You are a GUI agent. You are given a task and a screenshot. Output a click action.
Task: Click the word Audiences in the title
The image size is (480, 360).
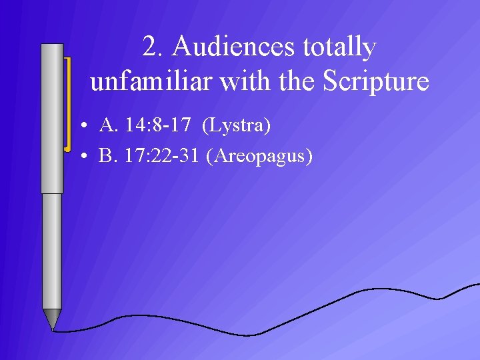click(x=233, y=47)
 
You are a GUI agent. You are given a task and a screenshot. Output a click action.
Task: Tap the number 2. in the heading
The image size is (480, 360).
click(x=154, y=47)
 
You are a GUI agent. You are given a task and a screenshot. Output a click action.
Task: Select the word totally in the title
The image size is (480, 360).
click(x=339, y=47)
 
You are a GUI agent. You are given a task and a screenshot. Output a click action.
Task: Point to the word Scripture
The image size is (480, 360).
click(x=375, y=81)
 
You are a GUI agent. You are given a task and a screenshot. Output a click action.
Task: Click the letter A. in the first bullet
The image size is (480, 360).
click(x=107, y=125)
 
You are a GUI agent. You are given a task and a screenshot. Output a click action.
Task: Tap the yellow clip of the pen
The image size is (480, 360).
click(x=67, y=103)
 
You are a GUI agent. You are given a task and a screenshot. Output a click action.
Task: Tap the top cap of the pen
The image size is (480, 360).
click(x=52, y=48)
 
